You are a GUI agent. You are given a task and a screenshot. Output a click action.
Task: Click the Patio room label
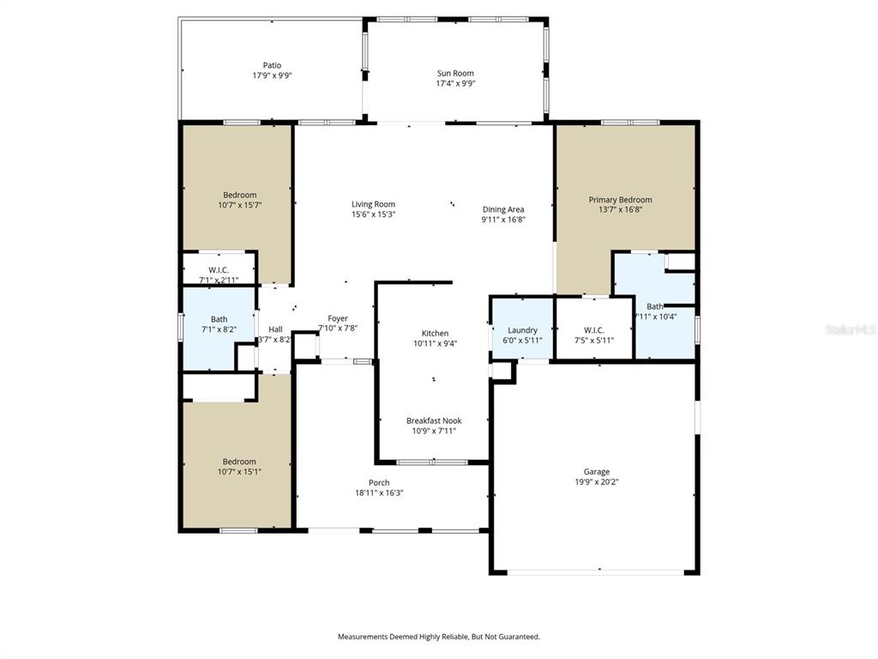coord(272,65)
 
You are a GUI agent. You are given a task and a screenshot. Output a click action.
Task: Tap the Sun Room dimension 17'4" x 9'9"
coord(455,84)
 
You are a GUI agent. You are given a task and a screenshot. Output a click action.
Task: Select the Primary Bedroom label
coord(620,200)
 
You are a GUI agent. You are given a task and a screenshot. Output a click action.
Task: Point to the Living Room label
coord(373,204)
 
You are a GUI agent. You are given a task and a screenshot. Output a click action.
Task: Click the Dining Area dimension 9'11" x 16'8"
coord(502,220)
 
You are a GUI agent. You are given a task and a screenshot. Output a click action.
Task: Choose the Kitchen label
coord(435,334)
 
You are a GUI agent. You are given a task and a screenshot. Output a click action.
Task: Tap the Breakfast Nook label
coord(434,420)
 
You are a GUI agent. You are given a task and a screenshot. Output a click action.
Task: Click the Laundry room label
coord(522,330)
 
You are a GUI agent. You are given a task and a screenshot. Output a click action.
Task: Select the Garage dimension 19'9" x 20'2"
coord(597,482)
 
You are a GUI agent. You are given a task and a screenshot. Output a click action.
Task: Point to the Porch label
coord(379,483)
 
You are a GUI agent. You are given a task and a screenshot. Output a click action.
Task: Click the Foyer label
coord(338,318)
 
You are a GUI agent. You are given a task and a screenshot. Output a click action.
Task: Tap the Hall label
coord(275,329)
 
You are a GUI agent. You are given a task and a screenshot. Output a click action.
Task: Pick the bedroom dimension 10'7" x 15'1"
coord(239,472)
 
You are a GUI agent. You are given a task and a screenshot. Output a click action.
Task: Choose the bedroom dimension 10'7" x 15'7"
coord(240,205)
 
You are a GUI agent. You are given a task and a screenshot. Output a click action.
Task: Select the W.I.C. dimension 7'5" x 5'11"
coord(594,340)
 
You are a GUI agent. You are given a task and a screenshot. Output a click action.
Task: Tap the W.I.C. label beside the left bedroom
coord(219,270)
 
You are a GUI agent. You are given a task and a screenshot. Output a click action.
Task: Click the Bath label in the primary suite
coord(655,306)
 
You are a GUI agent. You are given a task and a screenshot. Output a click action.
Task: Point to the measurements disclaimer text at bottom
coord(438,637)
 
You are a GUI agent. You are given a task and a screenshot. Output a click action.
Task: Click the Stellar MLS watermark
coord(851,328)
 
